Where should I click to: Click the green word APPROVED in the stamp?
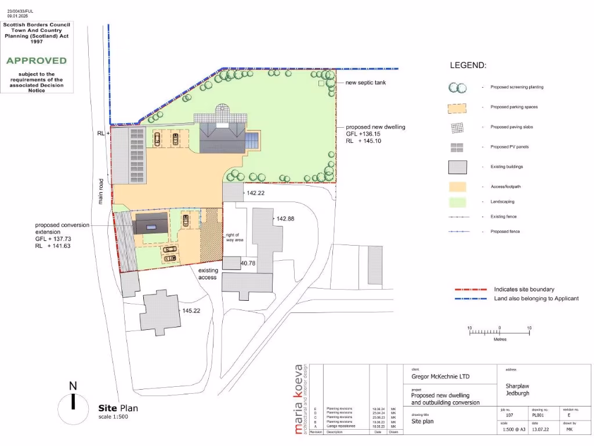click(37, 60)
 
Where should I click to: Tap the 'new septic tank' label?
click(365, 82)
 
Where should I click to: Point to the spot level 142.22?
click(256, 193)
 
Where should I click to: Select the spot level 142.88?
click(285, 219)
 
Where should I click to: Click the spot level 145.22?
click(191, 311)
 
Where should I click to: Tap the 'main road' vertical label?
click(100, 191)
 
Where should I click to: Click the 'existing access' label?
click(208, 274)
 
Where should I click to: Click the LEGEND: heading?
click(468, 66)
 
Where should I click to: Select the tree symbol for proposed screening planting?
click(457, 88)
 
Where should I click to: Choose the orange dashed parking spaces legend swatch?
click(457, 107)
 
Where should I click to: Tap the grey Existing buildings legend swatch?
click(457, 167)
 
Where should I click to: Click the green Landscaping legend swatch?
click(457, 202)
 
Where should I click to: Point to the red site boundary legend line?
click(470, 289)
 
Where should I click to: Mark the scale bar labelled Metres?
click(499, 332)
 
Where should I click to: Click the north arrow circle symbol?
click(73, 401)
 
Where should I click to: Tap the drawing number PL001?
click(539, 416)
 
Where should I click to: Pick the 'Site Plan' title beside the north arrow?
click(118, 408)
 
